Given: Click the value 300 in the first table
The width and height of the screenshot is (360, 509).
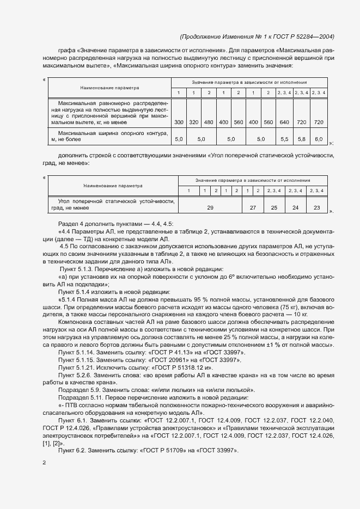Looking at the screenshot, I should coord(178,122).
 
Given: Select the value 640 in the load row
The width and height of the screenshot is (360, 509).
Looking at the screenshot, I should coord(284,122).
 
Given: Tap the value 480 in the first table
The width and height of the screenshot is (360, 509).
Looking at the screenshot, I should coord(209,122).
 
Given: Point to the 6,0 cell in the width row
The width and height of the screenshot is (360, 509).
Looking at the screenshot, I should coord(319,140).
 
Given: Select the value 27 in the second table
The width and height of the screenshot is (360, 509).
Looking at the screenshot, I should coord(253,208).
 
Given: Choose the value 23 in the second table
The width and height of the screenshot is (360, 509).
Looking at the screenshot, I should coord(317,208).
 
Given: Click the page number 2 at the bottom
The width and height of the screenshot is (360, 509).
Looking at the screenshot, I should coord(45,463).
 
